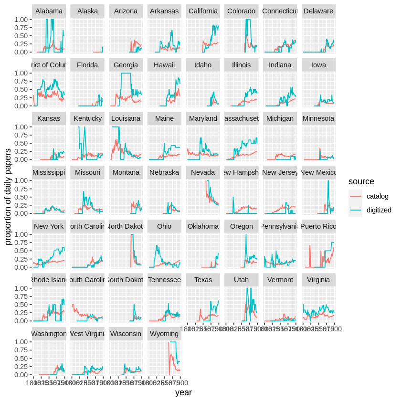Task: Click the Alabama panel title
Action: click(x=49, y=11)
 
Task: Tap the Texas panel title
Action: click(x=203, y=280)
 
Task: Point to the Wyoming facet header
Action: click(x=164, y=334)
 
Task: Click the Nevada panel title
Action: click(x=203, y=172)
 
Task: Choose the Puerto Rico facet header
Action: click(x=318, y=226)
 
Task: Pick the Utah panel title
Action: click(x=242, y=280)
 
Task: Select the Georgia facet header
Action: click(x=126, y=65)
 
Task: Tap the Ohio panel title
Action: click(x=164, y=226)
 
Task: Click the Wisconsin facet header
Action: click(x=126, y=334)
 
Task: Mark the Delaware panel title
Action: click(x=318, y=11)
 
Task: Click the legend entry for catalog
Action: click(x=377, y=196)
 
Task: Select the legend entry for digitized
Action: click(x=379, y=210)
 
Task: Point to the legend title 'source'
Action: click(x=361, y=182)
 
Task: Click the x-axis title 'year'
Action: click(x=183, y=392)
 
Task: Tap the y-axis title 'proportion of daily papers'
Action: click(x=8, y=196)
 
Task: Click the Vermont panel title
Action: click(x=280, y=280)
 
